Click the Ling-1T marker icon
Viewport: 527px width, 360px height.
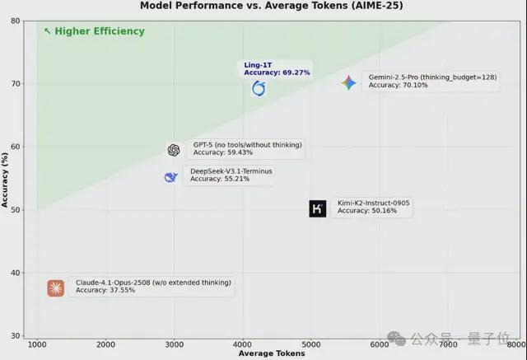point(259,88)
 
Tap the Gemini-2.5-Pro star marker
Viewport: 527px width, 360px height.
point(349,82)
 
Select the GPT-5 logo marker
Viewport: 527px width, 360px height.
point(173,150)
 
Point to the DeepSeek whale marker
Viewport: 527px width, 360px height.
point(170,177)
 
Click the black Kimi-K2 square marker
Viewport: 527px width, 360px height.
point(318,208)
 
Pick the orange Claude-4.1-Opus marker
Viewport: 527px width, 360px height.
point(55,288)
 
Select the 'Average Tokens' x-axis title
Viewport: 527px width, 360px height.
point(272,353)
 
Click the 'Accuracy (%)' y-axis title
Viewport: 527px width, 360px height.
point(5,178)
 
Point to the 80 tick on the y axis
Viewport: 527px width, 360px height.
point(16,21)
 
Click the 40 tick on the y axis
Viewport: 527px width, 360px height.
point(16,273)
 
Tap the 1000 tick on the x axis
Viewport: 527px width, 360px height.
point(37,344)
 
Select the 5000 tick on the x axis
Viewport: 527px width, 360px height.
point(311,344)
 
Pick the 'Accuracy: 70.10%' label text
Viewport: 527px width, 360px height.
point(398,85)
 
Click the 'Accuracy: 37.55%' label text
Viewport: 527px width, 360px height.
point(105,290)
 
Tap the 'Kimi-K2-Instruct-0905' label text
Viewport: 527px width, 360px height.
point(374,203)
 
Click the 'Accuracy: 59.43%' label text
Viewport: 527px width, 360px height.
point(222,152)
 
